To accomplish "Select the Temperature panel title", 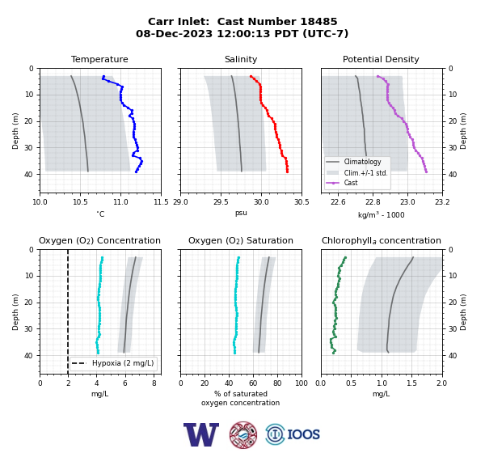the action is (x=99, y=59).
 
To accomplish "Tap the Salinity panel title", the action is (x=241, y=59).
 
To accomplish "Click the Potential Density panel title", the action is (x=381, y=59).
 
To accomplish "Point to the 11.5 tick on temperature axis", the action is (x=161, y=202).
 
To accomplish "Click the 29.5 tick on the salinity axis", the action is (x=221, y=202).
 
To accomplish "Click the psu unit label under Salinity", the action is (x=241, y=213).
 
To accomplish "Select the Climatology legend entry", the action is (x=362, y=162).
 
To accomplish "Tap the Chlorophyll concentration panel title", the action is (x=381, y=240).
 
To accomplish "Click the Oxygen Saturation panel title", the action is (x=241, y=240).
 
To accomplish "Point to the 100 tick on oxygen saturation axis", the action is (x=302, y=383).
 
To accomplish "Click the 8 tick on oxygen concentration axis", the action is (x=154, y=383).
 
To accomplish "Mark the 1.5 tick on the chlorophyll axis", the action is (x=412, y=383).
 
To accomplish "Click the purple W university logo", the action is (x=201, y=434).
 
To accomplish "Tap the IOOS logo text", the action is (x=303, y=434).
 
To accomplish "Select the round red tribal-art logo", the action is (x=243, y=434).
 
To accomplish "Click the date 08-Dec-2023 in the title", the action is (x=174, y=33).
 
